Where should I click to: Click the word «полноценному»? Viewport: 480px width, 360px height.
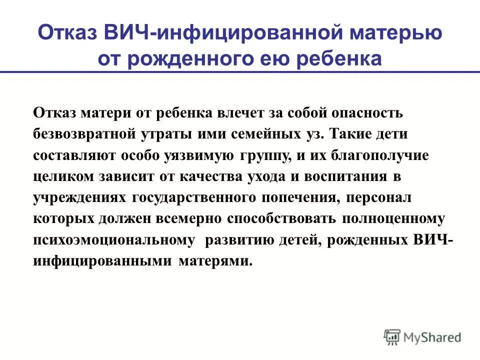pyautogui.click(x=393, y=219)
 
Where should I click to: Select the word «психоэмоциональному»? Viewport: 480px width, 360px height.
pyautogui.click(x=114, y=240)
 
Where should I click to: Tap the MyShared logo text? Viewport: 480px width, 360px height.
pyautogui.click(x=433, y=337)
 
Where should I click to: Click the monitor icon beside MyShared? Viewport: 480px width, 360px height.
pyautogui.click(x=392, y=336)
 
